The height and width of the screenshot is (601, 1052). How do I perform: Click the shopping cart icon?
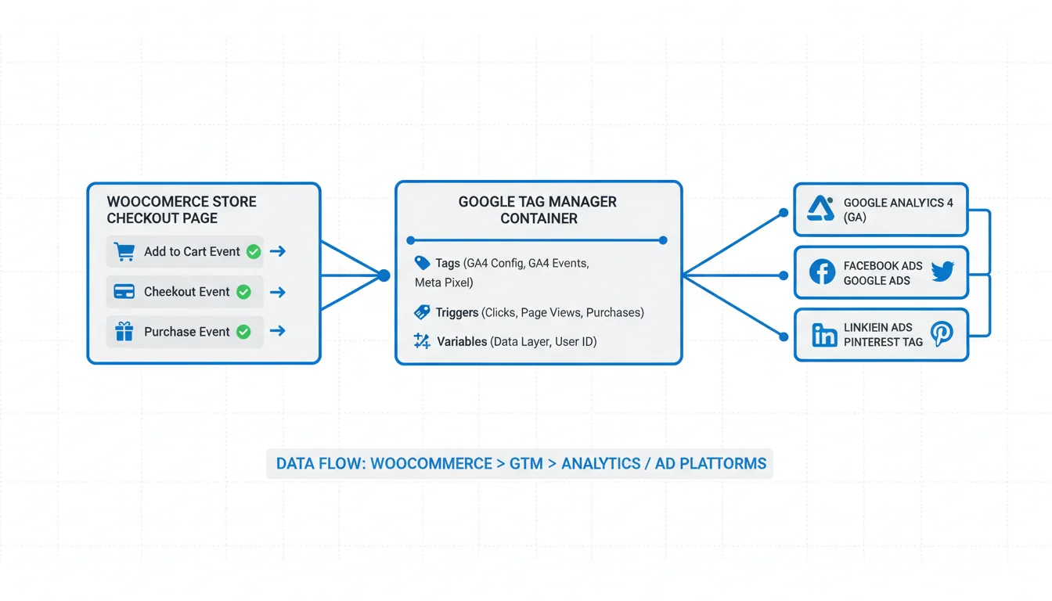(124, 252)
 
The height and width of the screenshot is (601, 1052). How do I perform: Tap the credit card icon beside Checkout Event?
(124, 292)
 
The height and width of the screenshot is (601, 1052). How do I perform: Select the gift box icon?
(124, 332)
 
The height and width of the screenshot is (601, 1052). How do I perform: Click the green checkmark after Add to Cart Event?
(254, 252)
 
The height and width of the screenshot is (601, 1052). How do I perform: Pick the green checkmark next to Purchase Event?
(243, 332)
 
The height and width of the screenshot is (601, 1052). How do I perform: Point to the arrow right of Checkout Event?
(277, 292)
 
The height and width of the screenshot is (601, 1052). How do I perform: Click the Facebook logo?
(822, 272)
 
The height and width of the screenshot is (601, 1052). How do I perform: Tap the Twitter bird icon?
(942, 272)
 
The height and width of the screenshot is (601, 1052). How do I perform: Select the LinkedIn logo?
(823, 335)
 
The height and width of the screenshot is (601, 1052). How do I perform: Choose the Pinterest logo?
(942, 335)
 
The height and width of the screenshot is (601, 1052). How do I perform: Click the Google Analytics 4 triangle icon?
(820, 209)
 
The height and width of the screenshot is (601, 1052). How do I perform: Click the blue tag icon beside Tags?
(422, 264)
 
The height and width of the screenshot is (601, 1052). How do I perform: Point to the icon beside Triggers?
(422, 312)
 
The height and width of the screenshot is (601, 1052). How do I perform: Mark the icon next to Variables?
(422, 341)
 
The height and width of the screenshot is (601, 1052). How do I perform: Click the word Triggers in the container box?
(457, 312)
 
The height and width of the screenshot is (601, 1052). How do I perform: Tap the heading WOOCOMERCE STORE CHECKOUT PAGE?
(182, 210)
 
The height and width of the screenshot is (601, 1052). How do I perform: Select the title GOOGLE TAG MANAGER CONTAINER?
(538, 210)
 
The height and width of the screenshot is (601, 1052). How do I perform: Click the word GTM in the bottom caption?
(526, 463)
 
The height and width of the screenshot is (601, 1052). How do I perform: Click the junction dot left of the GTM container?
(384, 275)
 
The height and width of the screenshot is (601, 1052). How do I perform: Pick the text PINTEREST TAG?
(883, 342)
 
